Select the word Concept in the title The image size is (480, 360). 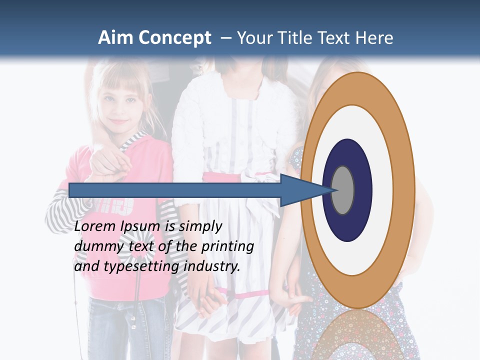(174, 38)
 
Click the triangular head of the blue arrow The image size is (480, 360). (305, 190)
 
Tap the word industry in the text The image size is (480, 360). (212, 266)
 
